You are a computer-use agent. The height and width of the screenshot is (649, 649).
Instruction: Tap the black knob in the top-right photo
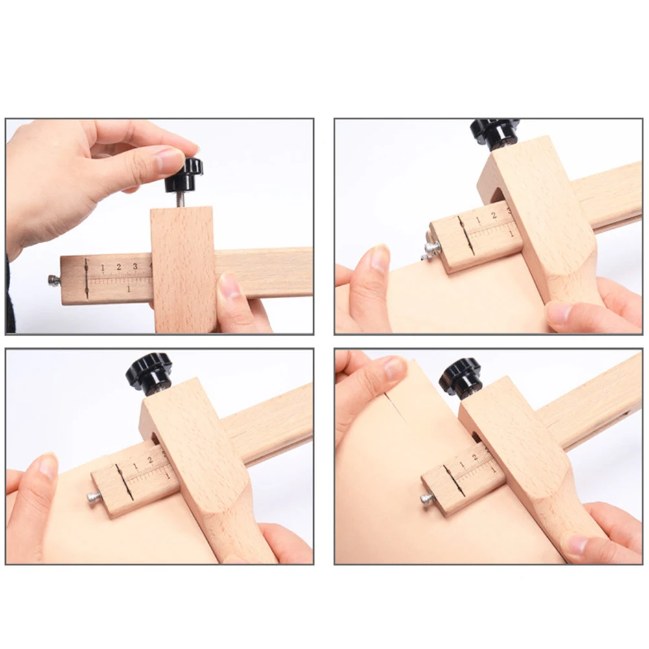click(495, 131)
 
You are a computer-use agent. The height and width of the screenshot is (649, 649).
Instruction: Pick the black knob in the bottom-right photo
click(461, 376)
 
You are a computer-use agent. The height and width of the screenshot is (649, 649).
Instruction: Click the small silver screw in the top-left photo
click(53, 280)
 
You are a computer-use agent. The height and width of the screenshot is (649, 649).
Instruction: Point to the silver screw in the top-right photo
click(431, 248)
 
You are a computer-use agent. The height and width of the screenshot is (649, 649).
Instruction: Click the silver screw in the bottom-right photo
click(427, 498)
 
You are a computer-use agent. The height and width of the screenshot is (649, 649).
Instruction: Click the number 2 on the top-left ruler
click(119, 267)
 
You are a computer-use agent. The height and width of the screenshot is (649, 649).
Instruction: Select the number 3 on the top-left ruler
click(135, 266)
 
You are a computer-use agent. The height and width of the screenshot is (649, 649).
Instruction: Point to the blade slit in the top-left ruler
click(86, 279)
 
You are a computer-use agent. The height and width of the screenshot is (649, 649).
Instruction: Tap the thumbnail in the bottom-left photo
click(48, 466)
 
